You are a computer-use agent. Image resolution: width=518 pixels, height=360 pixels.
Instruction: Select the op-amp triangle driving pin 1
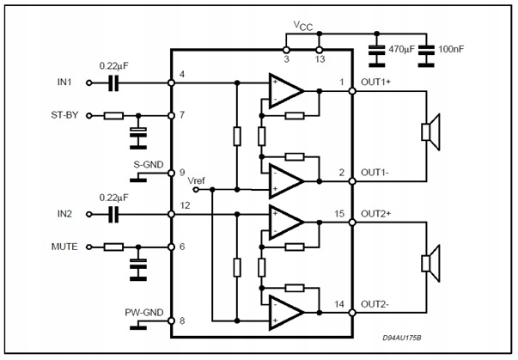click(285, 90)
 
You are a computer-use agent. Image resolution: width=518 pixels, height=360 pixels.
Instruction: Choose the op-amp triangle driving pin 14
click(285, 311)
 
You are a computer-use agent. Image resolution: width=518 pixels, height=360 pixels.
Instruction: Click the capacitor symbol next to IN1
click(113, 83)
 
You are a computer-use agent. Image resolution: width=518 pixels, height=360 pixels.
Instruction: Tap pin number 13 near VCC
click(319, 60)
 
